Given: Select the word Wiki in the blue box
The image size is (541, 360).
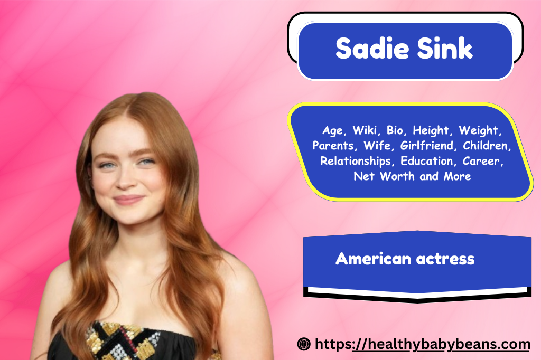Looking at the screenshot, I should (365, 130).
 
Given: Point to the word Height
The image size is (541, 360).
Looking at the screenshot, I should (433, 130).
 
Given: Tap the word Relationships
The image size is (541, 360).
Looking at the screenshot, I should (358, 160).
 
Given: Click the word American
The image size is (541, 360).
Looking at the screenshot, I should (373, 259).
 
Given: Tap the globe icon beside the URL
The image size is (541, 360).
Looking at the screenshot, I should (304, 345).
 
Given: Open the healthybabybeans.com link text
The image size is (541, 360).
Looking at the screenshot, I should (423, 345).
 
